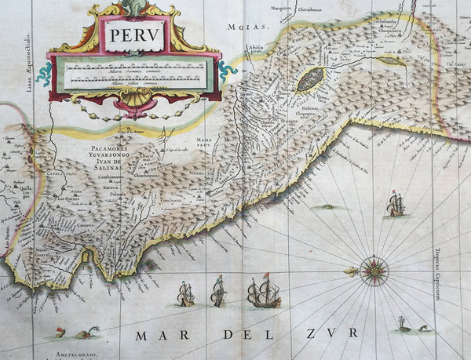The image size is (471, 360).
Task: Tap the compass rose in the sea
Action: point(374,271)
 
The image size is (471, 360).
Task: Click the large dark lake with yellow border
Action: point(311,79)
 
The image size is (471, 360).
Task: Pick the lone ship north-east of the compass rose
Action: point(396,205)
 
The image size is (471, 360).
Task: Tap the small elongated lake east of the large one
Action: point(391,60)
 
